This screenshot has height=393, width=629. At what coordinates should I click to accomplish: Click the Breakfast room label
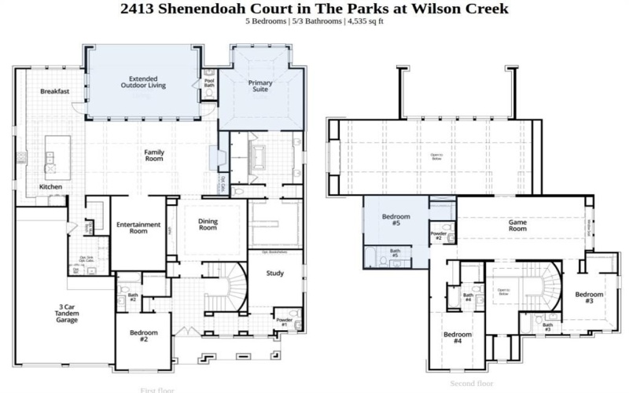coord(55,91)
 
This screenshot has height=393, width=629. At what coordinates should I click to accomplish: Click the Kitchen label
coord(51,187)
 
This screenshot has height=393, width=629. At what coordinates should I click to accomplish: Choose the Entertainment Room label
coord(138,228)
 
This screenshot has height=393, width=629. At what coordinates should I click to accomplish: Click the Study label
coord(274,274)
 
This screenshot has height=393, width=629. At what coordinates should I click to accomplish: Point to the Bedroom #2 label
coord(144,336)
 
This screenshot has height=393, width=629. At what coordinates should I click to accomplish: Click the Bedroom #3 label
coord(589,298)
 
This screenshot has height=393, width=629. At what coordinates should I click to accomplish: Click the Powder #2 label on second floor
coord(439,235)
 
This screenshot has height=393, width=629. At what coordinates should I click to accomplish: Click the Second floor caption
coord(472,384)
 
